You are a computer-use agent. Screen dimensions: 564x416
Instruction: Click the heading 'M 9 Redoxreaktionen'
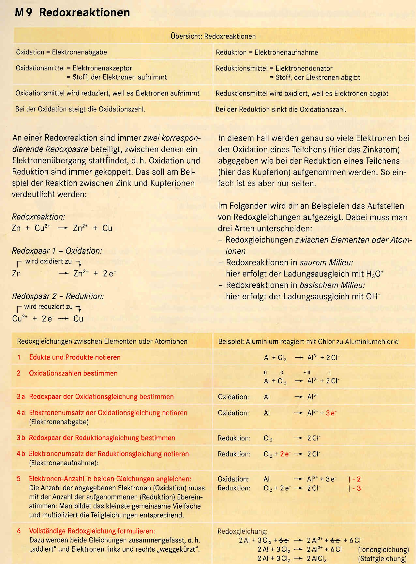(72, 12)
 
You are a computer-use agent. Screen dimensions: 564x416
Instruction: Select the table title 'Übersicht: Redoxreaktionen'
(213, 36)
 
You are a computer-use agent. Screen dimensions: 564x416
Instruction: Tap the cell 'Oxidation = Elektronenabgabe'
(61, 52)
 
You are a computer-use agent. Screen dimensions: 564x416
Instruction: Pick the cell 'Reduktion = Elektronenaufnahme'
(267, 52)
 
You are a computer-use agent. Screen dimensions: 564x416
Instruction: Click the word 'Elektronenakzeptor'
(102, 68)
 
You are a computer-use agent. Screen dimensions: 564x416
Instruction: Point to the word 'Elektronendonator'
(304, 68)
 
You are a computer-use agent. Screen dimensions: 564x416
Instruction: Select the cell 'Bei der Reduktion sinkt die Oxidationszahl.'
(281, 110)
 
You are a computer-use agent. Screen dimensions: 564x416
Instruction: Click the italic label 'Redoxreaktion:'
(38, 217)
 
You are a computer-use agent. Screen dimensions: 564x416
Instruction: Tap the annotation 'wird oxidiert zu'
(48, 261)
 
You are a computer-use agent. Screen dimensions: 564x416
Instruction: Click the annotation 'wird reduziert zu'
(48, 307)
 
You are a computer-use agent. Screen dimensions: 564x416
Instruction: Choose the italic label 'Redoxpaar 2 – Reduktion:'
(58, 296)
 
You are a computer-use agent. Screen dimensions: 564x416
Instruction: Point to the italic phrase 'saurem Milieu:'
(326, 262)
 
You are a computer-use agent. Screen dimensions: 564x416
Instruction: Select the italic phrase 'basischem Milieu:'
(332, 285)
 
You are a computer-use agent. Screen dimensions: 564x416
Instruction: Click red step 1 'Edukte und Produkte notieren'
(75, 357)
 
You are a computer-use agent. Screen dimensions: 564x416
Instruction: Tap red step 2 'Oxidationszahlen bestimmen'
(73, 373)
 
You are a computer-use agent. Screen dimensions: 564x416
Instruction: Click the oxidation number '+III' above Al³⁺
(307, 373)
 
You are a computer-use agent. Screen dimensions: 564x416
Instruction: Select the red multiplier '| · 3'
(355, 488)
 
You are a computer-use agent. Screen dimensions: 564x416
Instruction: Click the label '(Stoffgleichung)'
(383, 558)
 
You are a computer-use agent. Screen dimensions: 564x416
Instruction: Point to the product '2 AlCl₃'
(317, 558)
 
